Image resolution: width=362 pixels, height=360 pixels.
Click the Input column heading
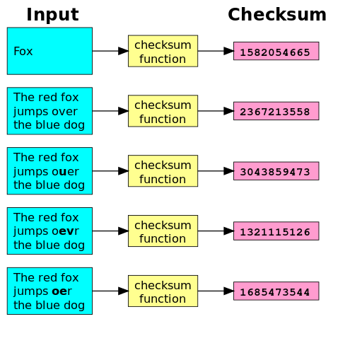click(52, 15)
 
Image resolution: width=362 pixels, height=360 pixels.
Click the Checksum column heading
click(277, 15)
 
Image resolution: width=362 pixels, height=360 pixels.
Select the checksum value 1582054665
click(275, 52)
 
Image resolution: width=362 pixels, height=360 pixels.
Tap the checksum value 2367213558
click(275, 112)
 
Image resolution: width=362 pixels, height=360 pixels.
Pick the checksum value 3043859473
click(275, 172)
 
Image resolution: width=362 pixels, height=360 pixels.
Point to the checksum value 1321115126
click(275, 232)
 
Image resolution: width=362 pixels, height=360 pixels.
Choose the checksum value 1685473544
click(275, 292)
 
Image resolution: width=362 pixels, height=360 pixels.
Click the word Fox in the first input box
click(23, 51)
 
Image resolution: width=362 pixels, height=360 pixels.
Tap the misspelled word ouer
click(65, 172)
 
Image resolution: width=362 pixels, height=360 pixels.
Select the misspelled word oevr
click(65, 231)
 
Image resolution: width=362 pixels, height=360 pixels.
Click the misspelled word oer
click(62, 291)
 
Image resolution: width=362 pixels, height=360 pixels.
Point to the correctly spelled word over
click(64, 112)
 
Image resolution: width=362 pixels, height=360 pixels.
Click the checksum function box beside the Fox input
click(163, 51)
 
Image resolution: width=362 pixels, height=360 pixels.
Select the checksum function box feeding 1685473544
click(163, 291)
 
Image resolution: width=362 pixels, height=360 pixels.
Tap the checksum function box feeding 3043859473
click(163, 171)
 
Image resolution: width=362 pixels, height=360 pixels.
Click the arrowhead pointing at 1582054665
click(229, 51)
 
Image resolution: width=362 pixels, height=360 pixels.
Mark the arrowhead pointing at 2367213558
click(229, 111)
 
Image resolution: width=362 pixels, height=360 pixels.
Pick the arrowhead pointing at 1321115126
click(229, 231)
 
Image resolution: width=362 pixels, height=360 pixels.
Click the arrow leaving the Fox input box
click(110, 51)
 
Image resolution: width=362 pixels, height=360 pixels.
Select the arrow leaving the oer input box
click(110, 291)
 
